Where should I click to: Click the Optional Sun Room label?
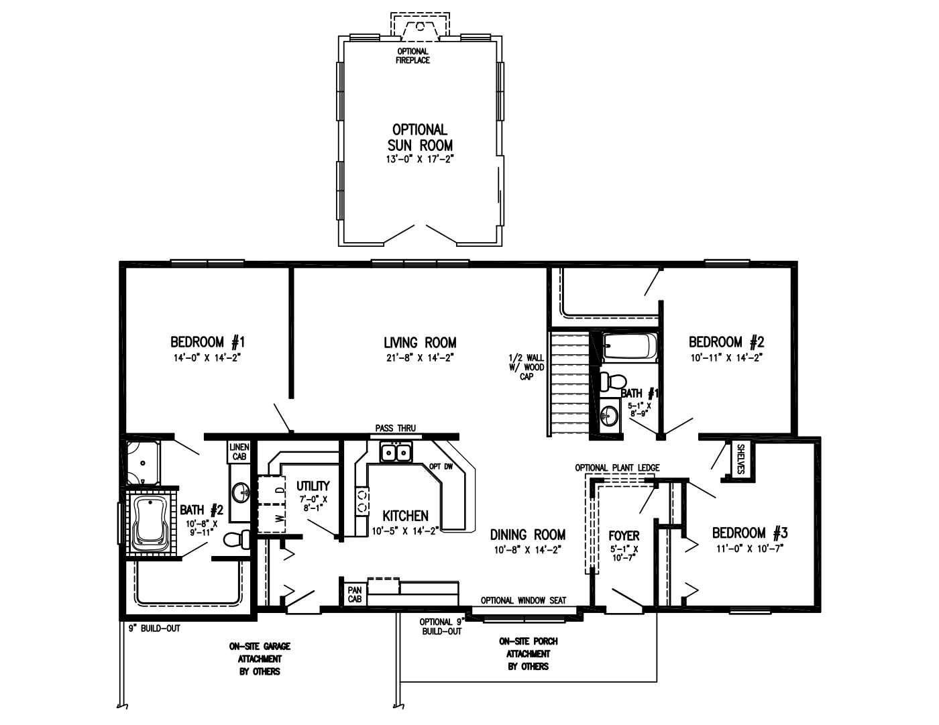point(420,137)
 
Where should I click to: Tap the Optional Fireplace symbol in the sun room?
point(420,29)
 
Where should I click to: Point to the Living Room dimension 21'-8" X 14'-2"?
point(420,358)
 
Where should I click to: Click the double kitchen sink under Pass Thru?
point(395,453)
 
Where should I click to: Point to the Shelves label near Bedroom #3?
point(740,459)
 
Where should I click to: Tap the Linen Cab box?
point(239,451)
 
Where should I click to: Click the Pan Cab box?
point(354,594)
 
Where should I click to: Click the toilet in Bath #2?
point(236,539)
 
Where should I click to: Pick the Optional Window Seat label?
point(523,600)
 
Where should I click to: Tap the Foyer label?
point(623,536)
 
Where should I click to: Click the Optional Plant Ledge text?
point(617,467)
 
